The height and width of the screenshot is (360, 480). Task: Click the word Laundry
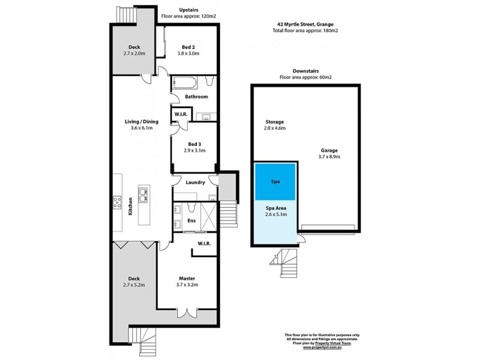tap(196, 182)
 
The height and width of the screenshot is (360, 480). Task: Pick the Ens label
tap(191, 221)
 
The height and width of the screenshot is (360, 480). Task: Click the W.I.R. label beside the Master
tap(203, 244)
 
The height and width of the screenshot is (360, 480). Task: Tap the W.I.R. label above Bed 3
tap(181, 114)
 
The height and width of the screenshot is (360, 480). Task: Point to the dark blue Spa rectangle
tap(276, 181)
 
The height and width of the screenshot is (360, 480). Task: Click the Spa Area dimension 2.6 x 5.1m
tap(276, 213)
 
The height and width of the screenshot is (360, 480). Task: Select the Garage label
tap(329, 151)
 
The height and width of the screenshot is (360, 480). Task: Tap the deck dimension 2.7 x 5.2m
tap(134, 285)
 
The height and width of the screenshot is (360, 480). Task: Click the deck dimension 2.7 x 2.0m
tap(134, 53)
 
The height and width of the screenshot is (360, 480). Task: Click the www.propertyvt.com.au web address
tap(327, 347)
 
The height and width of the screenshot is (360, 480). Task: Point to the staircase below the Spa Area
tap(280, 259)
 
